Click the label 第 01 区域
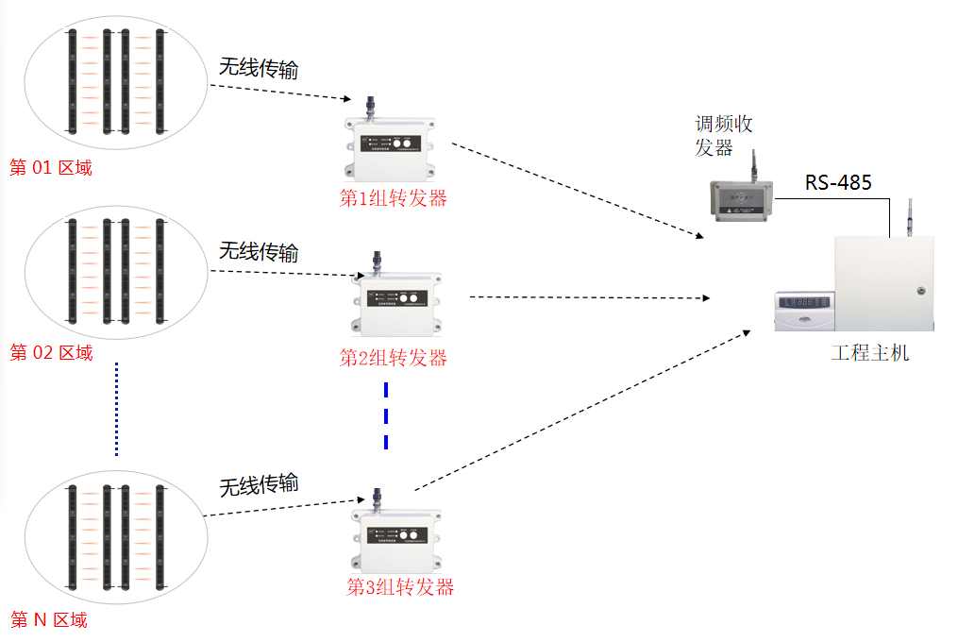click(x=51, y=168)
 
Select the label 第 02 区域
click(x=51, y=353)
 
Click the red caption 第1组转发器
click(x=393, y=198)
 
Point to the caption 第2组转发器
click(x=393, y=358)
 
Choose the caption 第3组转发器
click(x=400, y=587)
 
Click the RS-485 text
click(x=838, y=182)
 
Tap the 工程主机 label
click(x=870, y=353)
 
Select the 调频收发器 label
click(x=724, y=135)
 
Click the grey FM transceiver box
click(x=743, y=199)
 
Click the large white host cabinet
click(x=883, y=282)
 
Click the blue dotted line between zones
click(x=116, y=408)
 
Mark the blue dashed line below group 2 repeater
click(x=386, y=415)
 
